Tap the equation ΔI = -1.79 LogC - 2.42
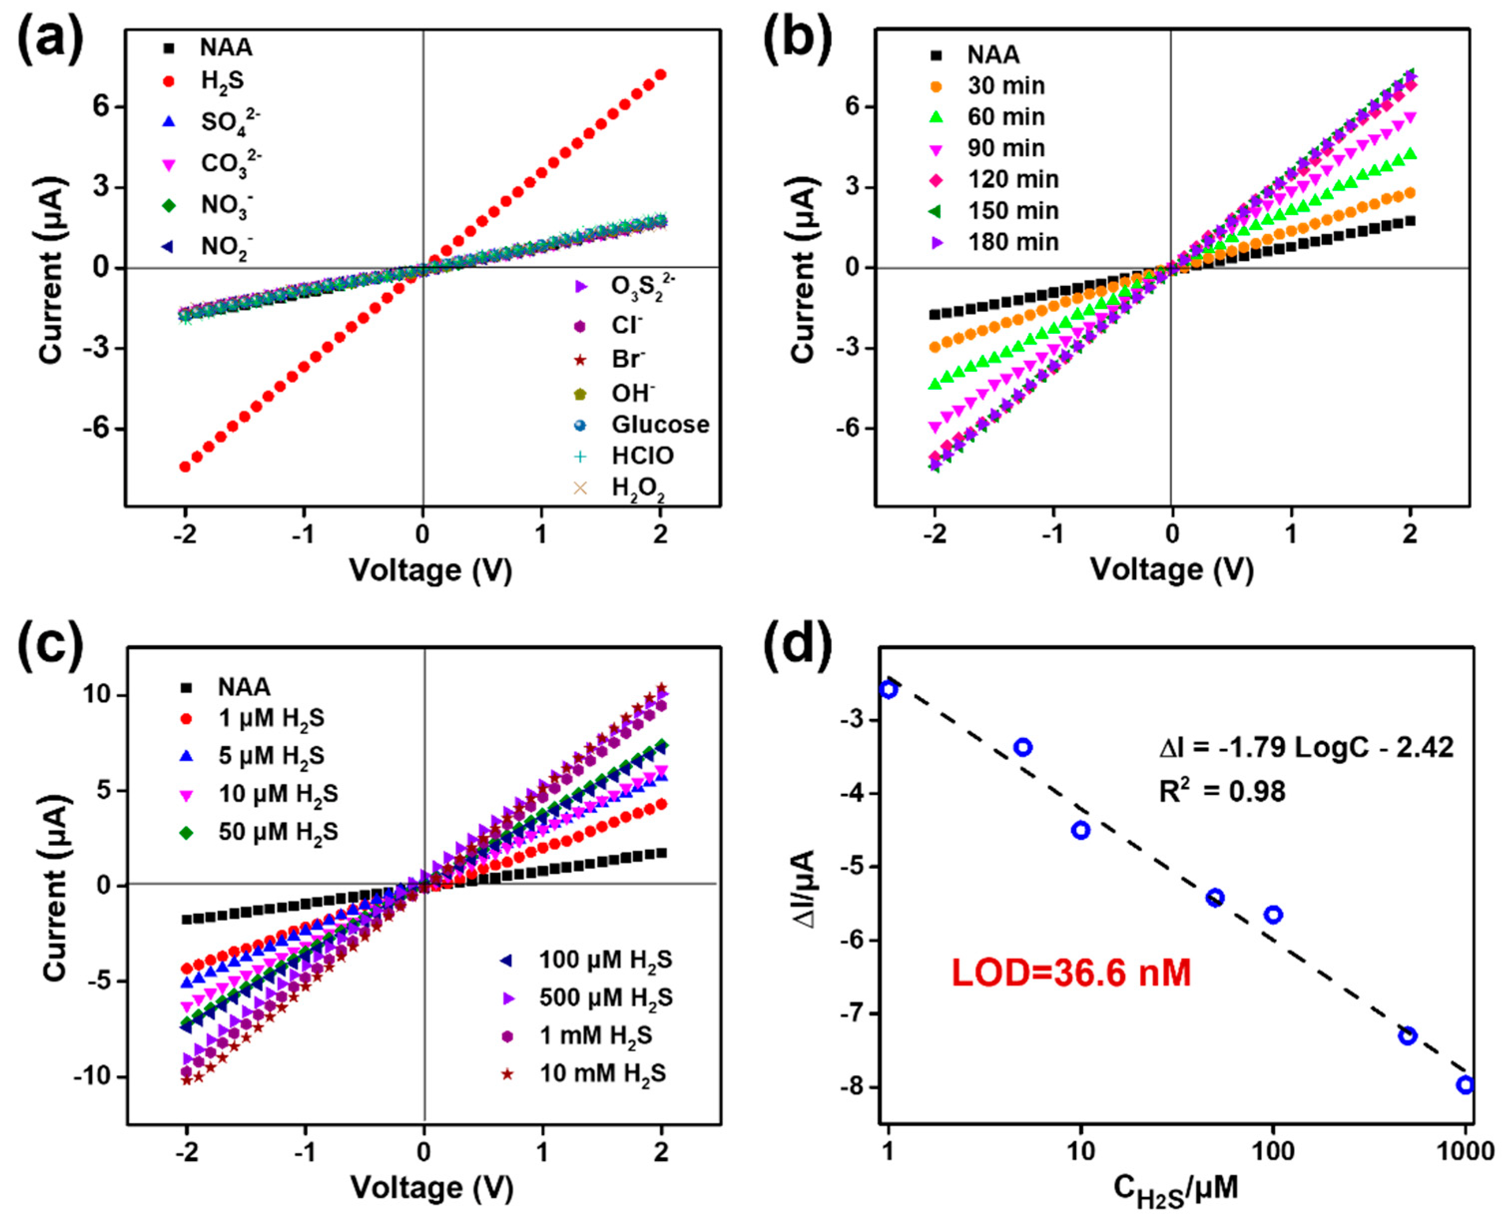pos(1305,747)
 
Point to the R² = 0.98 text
pos(1222,791)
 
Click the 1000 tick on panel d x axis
pos(1465,1152)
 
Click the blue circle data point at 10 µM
pos(1080,830)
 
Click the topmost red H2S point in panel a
pos(661,74)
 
